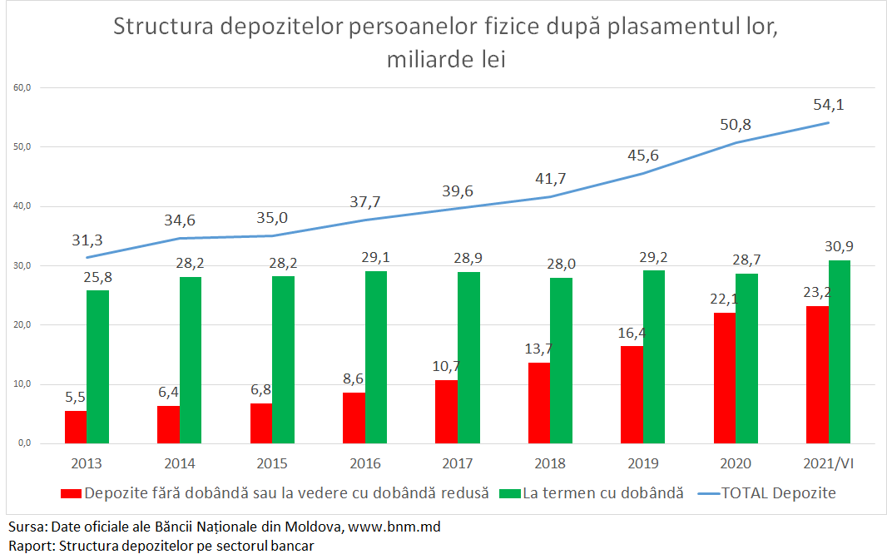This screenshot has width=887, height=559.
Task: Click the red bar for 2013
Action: pos(76,427)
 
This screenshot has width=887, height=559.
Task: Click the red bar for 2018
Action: pos(539,403)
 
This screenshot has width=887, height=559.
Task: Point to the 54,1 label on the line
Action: pos(829,105)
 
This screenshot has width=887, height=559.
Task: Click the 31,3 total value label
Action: pos(87,240)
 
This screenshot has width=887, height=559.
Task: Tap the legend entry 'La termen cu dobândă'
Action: pos(602,493)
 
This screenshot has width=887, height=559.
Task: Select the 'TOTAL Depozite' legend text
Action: pos(778,493)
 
